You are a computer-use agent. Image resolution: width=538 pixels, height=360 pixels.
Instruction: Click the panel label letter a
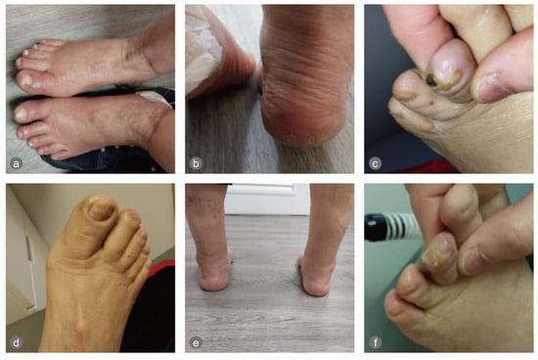point(16,163)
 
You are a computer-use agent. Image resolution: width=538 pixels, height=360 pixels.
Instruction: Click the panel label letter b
point(196,163)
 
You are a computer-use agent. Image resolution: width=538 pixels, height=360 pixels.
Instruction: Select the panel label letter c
point(375,163)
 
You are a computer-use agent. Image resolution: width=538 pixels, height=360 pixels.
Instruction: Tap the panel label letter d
point(16,342)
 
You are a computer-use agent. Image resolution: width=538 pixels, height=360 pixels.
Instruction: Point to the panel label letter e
point(196,342)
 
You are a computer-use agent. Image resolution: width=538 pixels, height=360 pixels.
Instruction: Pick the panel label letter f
point(375,342)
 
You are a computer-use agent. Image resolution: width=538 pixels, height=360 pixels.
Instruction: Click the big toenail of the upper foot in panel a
point(26,80)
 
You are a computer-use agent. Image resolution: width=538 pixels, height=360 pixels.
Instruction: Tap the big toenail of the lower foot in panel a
point(22,113)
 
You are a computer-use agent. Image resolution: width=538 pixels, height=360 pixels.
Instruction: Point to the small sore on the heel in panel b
point(311,140)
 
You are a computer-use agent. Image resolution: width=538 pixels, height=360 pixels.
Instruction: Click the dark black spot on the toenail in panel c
point(431,80)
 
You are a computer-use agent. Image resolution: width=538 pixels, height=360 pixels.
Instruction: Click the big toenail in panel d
point(101,209)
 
